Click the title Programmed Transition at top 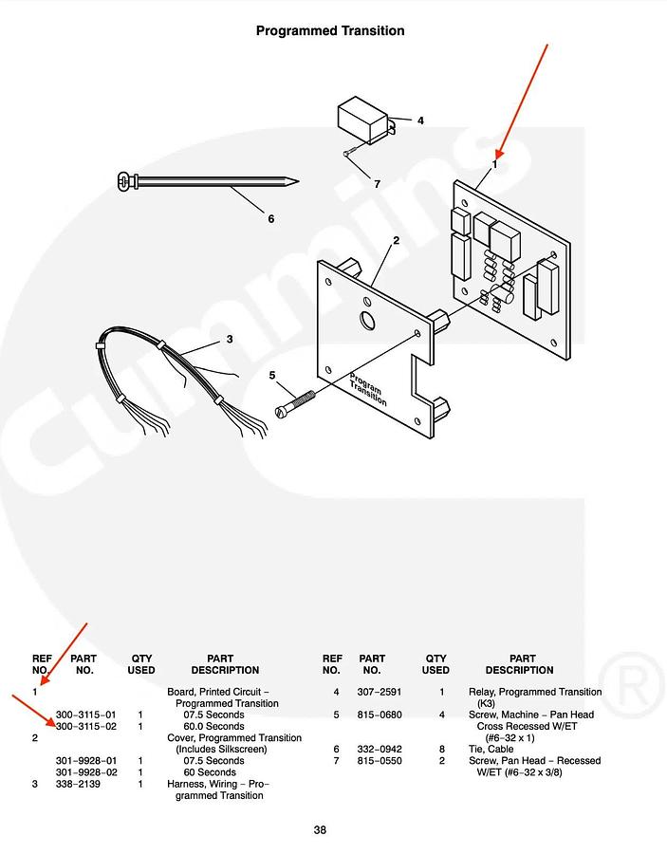[x=330, y=30]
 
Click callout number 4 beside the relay [x=420, y=121]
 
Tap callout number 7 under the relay [x=376, y=184]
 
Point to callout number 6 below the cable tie [x=270, y=218]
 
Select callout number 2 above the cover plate [x=396, y=240]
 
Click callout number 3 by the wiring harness [x=229, y=339]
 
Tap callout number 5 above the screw [x=272, y=375]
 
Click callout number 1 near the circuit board [x=494, y=164]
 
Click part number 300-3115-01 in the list [x=85, y=715]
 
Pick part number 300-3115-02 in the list [x=85, y=726]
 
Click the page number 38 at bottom [x=321, y=830]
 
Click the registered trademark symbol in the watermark [x=620, y=677]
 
